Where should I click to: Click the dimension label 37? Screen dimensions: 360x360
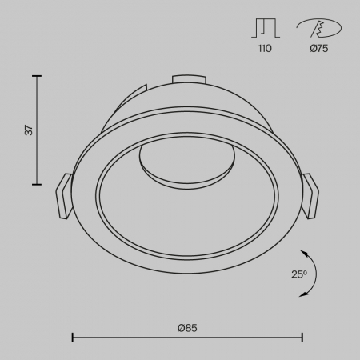click(28, 130)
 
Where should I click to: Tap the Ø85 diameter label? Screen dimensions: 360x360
click(187, 326)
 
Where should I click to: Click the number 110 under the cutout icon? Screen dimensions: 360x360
click(265, 49)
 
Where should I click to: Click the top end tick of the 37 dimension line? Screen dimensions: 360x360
click(38, 76)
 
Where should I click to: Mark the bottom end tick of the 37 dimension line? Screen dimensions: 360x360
click(38, 184)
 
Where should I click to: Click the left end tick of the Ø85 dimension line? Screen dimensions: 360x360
click(74, 337)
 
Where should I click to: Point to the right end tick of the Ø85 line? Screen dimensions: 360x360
click(302, 337)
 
